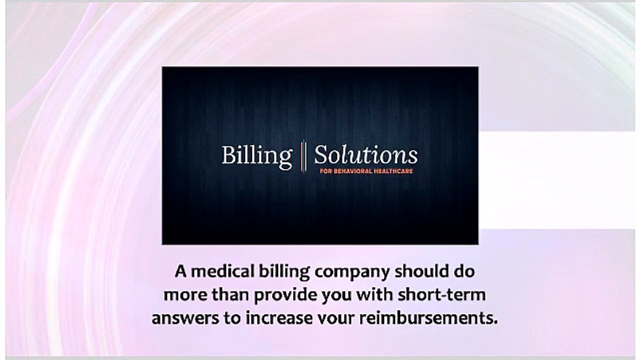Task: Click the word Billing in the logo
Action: click(x=256, y=155)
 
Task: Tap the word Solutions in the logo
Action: click(x=365, y=155)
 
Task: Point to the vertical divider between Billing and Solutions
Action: click(x=303, y=155)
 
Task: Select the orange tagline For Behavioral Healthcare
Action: click(x=366, y=171)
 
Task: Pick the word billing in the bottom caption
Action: click(x=277, y=272)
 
